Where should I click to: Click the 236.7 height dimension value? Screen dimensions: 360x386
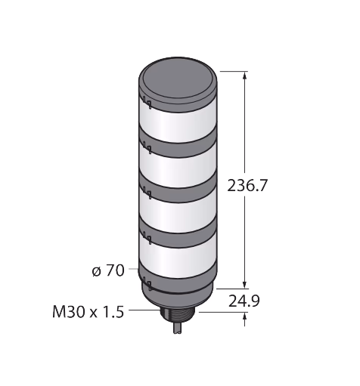tap(247, 186)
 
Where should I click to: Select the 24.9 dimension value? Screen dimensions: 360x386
tap(244, 301)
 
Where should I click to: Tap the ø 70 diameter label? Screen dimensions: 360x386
tap(108, 270)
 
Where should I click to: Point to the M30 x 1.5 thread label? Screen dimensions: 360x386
tap(88, 312)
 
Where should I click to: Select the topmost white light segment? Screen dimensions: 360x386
tap(178, 123)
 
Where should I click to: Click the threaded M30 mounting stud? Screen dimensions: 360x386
tap(180, 316)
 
